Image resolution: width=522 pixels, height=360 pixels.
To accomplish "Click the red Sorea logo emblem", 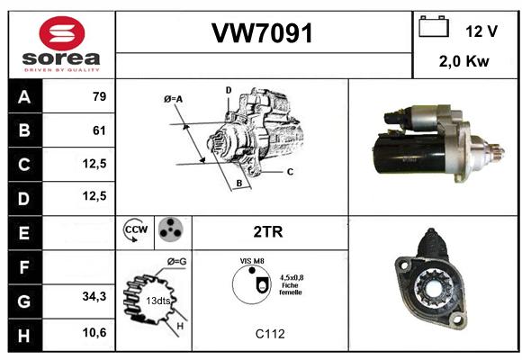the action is (62, 33).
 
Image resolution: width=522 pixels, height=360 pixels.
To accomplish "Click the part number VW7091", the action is (262, 33).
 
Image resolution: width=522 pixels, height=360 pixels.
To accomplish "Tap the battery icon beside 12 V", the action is (434, 26).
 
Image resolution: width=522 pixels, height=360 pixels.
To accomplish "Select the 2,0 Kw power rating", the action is (463, 61).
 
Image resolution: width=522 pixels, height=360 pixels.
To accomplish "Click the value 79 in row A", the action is (100, 96).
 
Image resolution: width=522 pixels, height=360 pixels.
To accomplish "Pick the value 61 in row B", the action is (99, 130).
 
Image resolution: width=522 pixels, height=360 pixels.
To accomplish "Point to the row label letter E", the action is (24, 233).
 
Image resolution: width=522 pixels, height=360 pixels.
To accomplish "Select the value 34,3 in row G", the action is (94, 296).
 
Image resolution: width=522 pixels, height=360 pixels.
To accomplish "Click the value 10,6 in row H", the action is (94, 332).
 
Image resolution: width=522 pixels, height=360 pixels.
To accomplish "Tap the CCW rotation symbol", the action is (136, 229).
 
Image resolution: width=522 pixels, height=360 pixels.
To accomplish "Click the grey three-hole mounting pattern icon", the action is (171, 229).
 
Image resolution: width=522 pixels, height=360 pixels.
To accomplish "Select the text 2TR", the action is (268, 232).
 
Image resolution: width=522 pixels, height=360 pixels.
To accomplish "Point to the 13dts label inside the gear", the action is (158, 301).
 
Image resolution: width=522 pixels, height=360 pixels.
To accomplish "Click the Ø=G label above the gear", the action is (176, 262).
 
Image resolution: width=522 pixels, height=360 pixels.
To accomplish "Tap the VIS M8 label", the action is (252, 261).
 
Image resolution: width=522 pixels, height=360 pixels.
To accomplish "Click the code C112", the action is (270, 334).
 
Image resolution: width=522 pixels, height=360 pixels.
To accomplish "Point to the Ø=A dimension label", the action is (173, 99).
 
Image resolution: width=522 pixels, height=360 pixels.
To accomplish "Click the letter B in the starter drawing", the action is (239, 184).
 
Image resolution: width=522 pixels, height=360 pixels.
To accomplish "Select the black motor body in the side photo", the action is (409, 155).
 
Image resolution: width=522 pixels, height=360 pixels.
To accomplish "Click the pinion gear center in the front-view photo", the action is (434, 287).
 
